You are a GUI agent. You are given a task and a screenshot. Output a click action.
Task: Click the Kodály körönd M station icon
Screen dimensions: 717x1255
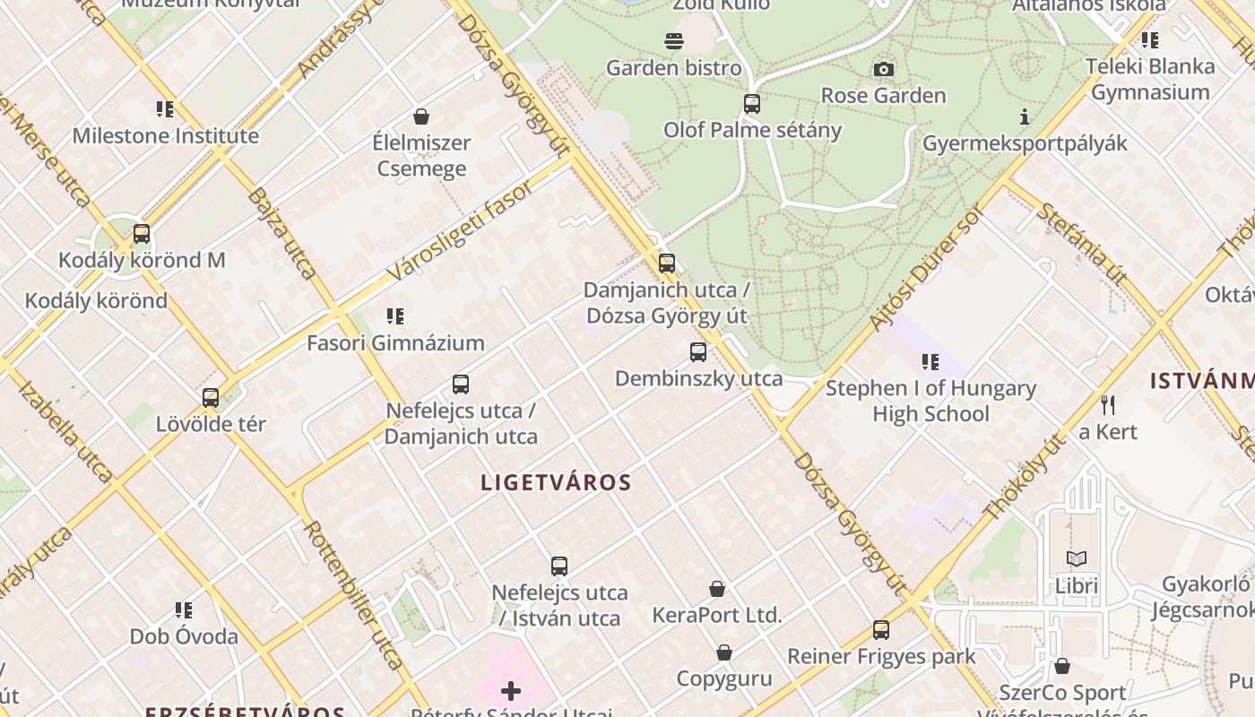pyautogui.click(x=142, y=234)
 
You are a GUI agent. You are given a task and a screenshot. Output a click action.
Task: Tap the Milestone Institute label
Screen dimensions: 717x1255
pyautogui.click(x=165, y=136)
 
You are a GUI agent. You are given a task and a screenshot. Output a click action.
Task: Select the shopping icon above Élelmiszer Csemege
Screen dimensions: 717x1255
pyautogui.click(x=420, y=117)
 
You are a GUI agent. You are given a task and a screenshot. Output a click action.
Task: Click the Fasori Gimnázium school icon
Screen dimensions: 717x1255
pyautogui.click(x=395, y=316)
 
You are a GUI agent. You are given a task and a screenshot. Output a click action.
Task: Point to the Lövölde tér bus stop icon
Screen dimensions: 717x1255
pyautogui.click(x=211, y=398)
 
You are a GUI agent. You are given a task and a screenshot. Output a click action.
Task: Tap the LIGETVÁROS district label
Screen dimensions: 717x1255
pyautogui.click(x=556, y=482)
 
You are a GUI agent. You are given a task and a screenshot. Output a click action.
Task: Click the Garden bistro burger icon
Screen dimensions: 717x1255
pyautogui.click(x=674, y=41)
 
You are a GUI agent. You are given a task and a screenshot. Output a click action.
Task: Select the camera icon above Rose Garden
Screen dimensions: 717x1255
pyautogui.click(x=883, y=69)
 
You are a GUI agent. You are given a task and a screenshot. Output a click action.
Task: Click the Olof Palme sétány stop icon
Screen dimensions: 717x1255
pyautogui.click(x=752, y=104)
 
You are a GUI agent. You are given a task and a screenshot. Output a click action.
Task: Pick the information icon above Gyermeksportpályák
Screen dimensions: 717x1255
pyautogui.click(x=1025, y=117)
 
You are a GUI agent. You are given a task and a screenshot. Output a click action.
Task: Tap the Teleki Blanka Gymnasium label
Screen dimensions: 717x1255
pyautogui.click(x=1150, y=79)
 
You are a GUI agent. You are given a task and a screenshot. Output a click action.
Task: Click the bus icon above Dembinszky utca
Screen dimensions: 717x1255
pyautogui.click(x=698, y=352)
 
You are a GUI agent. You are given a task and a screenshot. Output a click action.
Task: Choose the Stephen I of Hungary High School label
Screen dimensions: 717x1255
pyautogui.click(x=930, y=401)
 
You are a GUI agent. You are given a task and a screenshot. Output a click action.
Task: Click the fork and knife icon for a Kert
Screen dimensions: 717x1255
pyautogui.click(x=1108, y=405)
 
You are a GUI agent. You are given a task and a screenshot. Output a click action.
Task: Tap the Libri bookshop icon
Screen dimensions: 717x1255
pyautogui.click(x=1077, y=559)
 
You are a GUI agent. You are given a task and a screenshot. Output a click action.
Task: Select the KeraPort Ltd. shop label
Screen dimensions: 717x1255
pyautogui.click(x=717, y=616)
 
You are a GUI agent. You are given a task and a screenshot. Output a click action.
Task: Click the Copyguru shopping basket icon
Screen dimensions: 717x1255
pyautogui.click(x=724, y=652)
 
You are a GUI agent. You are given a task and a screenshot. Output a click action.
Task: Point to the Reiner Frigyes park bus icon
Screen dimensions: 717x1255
pyautogui.click(x=881, y=630)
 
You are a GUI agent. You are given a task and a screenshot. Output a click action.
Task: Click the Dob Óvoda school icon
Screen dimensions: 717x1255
pyautogui.click(x=184, y=610)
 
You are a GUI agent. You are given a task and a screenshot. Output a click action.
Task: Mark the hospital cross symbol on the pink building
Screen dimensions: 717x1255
pyautogui.click(x=511, y=691)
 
